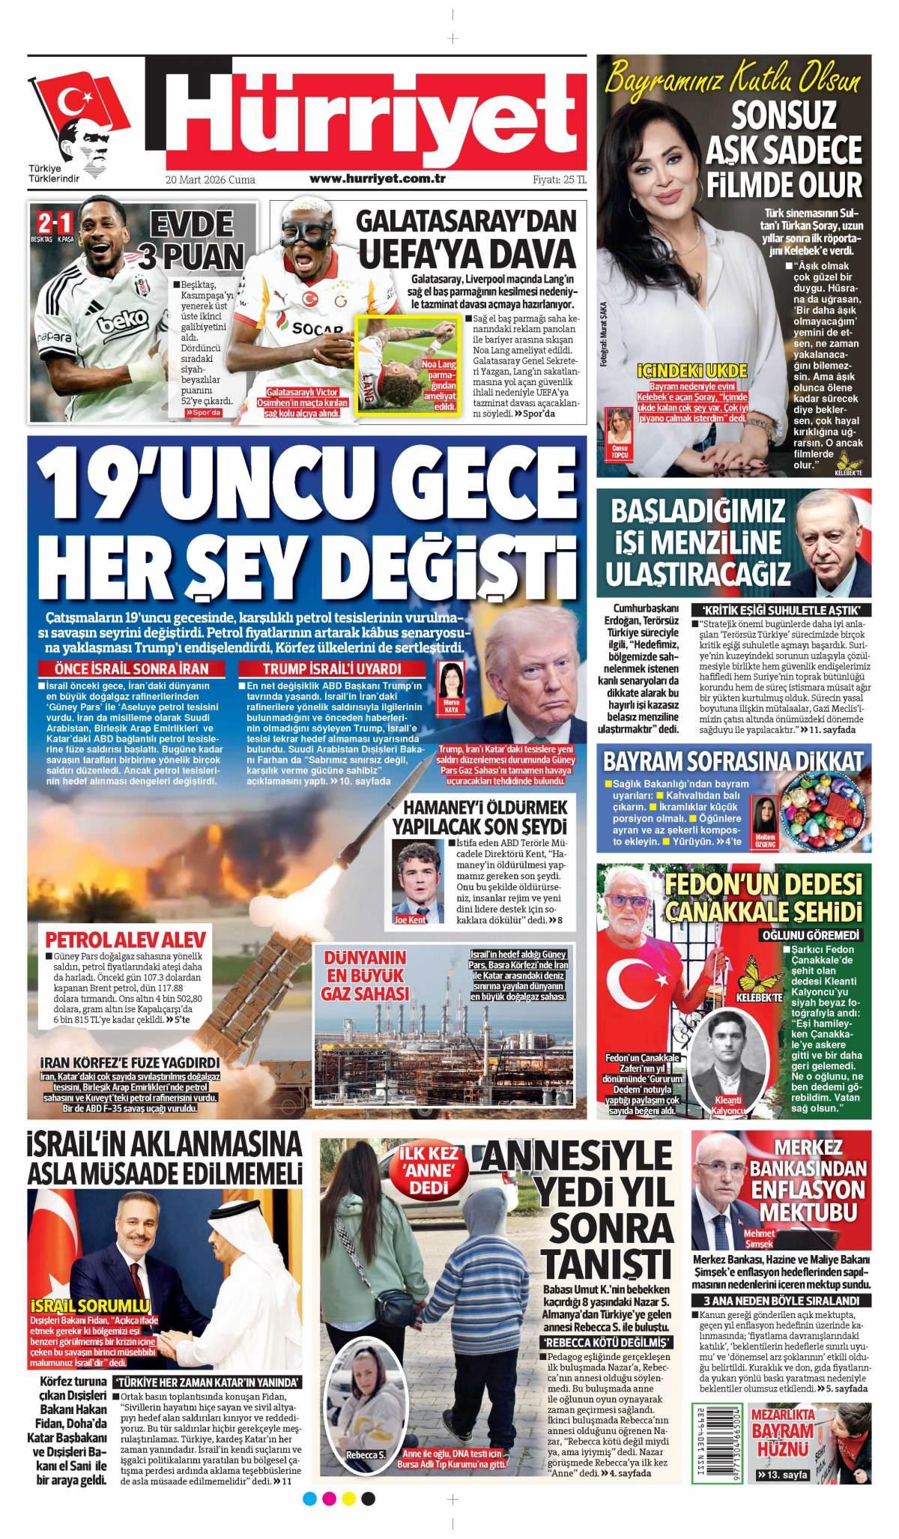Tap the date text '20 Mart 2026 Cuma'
coord(211,180)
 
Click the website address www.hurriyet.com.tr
coord(378,179)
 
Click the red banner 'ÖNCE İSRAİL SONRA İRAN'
coord(133,669)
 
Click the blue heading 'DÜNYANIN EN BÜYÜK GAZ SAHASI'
coord(364,975)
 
